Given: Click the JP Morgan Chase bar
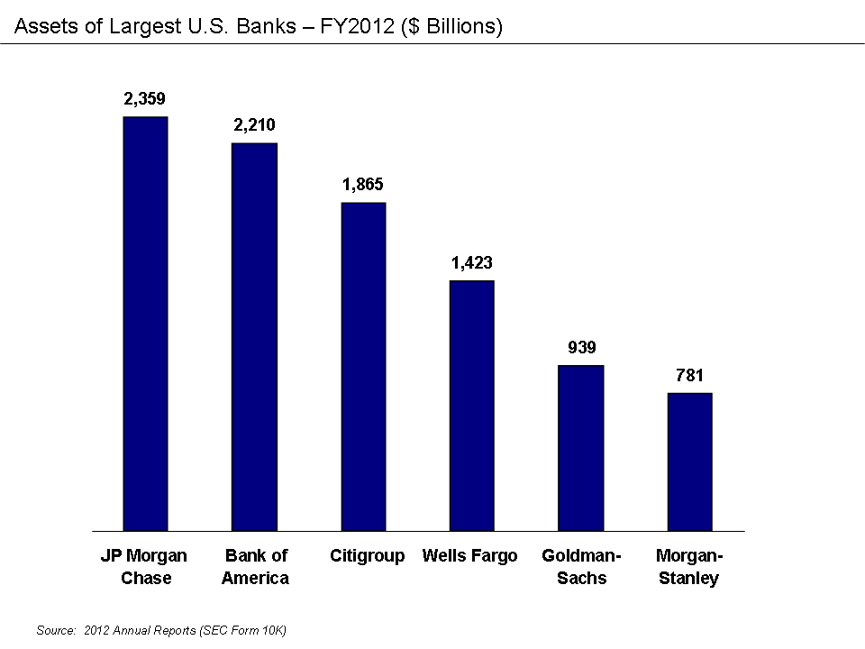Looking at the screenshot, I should [x=145, y=324].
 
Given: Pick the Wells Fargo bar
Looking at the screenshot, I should [x=472, y=406].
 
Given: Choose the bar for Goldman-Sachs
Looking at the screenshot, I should [x=581, y=448].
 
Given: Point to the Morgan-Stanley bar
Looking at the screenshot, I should [x=690, y=462].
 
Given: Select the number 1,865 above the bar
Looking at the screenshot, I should [x=363, y=185].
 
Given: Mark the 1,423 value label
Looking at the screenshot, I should [x=472, y=263].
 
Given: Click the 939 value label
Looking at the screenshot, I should [x=581, y=347].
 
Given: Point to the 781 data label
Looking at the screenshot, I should [x=690, y=375].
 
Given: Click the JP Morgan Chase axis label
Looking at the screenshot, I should [x=145, y=566].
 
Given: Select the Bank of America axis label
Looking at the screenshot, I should [x=255, y=566].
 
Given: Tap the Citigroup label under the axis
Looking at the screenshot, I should [x=367, y=555].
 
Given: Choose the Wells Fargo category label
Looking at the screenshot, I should [x=469, y=555].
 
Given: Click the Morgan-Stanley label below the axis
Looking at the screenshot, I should [x=689, y=566].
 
